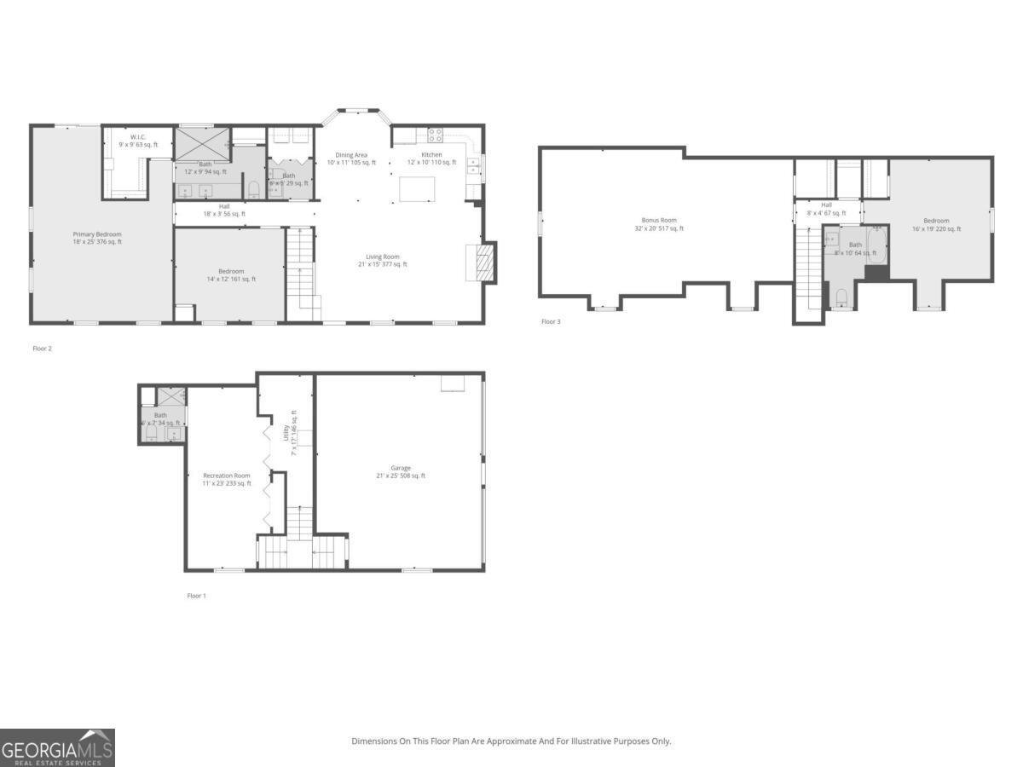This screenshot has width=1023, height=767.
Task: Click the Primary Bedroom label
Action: coord(97,234)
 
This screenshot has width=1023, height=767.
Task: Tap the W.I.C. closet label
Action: coord(138,137)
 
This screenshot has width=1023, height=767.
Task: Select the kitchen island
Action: coord(417,189)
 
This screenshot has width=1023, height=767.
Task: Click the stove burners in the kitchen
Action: coord(435,134)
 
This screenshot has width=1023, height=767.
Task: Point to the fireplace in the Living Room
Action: coord(482,262)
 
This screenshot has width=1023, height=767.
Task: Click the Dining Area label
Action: coord(350,155)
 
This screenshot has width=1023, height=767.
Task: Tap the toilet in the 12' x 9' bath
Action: coord(253,188)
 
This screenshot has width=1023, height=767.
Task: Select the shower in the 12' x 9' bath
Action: coord(202,141)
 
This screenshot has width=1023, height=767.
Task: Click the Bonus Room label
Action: coord(659,220)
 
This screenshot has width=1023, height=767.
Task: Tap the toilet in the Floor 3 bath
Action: coord(841,297)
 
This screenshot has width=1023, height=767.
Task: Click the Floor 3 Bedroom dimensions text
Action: coord(936,228)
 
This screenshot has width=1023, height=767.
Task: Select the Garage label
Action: coord(401,468)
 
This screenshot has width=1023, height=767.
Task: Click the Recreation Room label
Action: coord(226,476)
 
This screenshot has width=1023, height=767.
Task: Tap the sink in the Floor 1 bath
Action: coord(176,433)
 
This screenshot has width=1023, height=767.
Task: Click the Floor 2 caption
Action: coord(43,349)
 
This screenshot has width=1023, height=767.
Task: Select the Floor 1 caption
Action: coord(197,596)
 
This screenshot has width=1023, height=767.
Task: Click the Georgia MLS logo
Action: coord(57,748)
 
